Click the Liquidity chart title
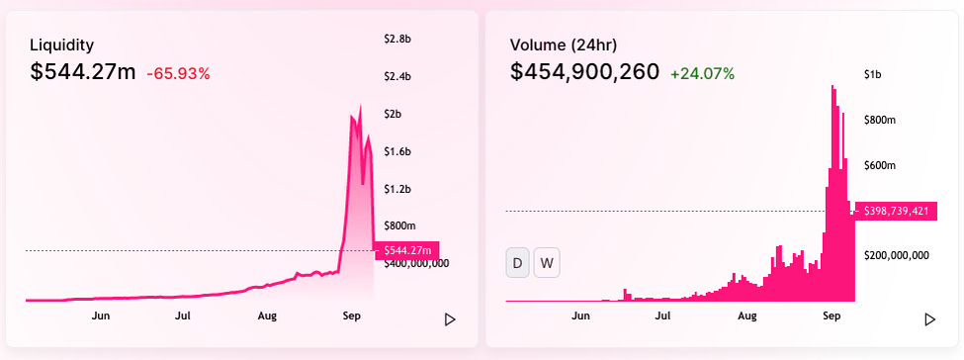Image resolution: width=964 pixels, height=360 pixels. (62, 45)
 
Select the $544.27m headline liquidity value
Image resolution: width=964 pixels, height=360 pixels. (83, 72)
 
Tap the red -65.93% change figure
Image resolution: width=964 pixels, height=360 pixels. (178, 74)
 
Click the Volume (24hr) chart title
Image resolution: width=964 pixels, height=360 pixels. (564, 45)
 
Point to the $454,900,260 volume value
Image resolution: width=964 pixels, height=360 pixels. (584, 72)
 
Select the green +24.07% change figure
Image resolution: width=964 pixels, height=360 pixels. (703, 74)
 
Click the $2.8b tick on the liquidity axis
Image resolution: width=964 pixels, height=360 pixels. (397, 40)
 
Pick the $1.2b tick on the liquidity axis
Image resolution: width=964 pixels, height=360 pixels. (396, 189)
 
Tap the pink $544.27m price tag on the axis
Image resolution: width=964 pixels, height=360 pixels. (407, 250)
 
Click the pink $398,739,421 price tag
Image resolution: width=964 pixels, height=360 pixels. (896, 211)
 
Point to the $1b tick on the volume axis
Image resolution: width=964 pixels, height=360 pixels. (873, 75)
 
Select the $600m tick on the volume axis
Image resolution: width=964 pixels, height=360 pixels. (880, 165)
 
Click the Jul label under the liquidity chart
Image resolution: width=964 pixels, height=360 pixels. (183, 316)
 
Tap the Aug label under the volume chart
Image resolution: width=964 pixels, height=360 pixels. (747, 316)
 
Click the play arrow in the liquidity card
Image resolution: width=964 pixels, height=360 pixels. (450, 319)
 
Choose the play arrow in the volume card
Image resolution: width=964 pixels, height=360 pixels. (930, 319)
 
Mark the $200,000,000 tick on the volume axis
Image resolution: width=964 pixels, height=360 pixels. (897, 255)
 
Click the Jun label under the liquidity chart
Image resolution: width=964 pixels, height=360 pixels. (101, 316)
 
